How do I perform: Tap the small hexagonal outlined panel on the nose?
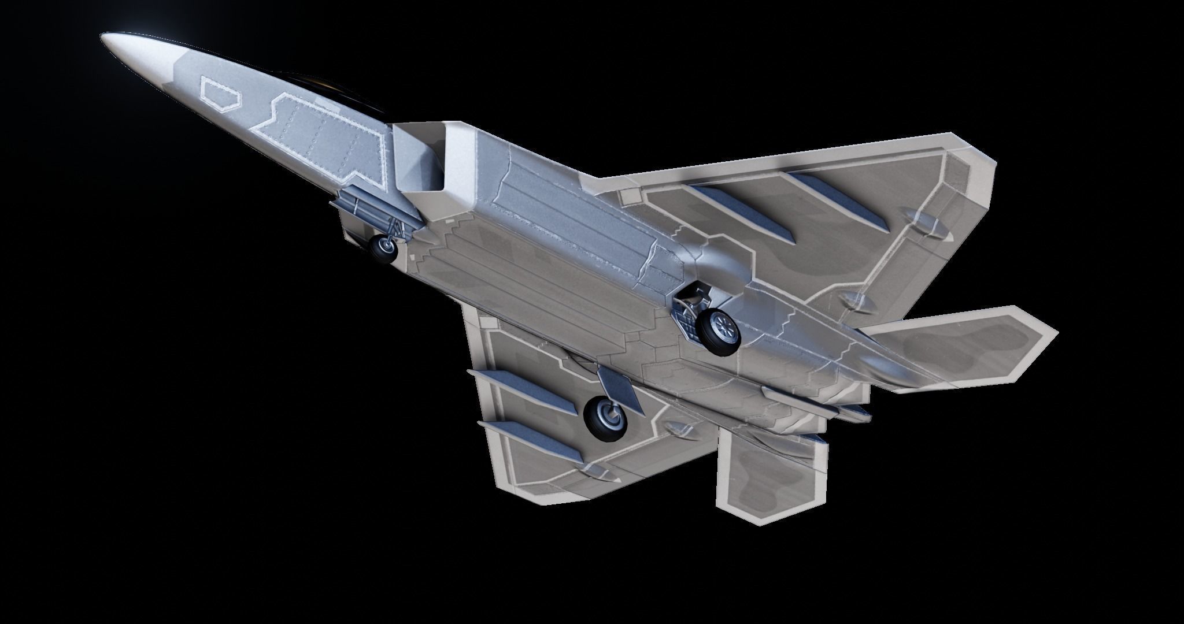click(219, 94)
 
